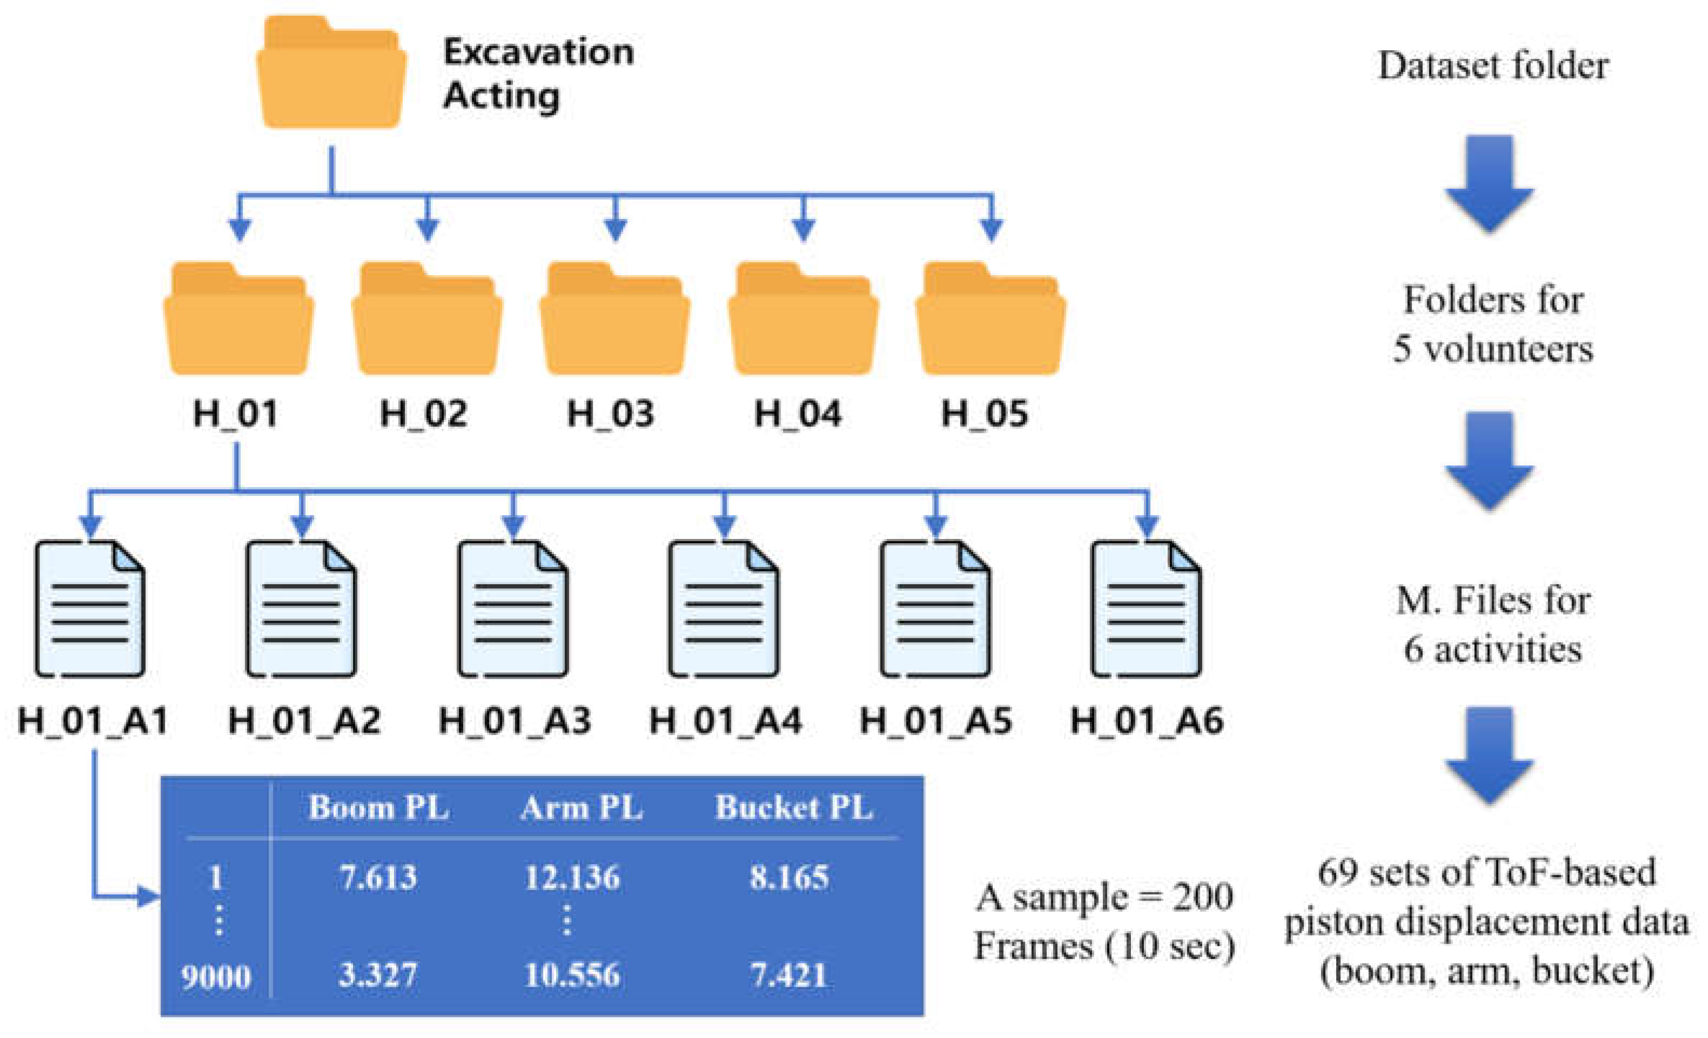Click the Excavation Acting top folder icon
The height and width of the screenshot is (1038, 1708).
click(331, 73)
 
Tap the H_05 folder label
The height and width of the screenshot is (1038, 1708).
click(984, 414)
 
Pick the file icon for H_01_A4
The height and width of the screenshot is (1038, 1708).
click(724, 609)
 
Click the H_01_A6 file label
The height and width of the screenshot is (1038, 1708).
click(1147, 721)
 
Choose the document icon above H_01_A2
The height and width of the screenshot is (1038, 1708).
click(301, 609)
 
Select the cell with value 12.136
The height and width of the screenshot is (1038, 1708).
click(572, 878)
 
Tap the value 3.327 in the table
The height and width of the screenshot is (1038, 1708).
click(378, 975)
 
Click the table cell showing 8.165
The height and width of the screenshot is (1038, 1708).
click(789, 878)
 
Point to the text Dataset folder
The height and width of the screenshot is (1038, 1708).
click(1493, 66)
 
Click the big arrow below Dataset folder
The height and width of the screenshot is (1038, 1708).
click(1489, 183)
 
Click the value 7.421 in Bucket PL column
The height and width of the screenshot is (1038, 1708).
click(789, 975)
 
